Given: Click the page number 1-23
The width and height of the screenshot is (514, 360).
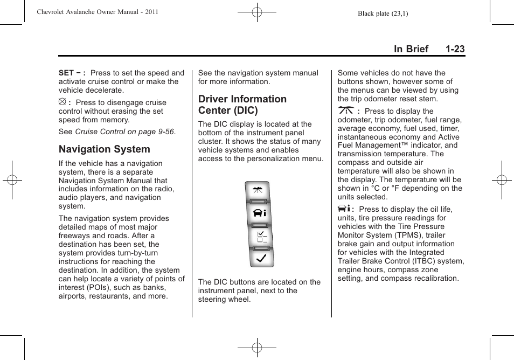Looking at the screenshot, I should click(455, 49).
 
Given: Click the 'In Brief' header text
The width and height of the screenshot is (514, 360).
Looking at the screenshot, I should click(411, 49).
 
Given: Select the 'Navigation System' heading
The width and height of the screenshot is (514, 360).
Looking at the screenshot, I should click(105, 149).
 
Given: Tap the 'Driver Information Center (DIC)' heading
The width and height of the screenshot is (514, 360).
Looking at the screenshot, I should click(242, 105).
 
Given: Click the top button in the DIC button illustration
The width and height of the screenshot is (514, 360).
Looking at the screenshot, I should click(261, 191).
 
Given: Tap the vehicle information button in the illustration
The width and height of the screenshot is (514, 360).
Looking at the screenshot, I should click(261, 212).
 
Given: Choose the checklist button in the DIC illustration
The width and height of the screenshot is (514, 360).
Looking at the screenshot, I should click(261, 236).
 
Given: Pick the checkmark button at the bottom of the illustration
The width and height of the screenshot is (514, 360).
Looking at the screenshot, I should click(261, 258).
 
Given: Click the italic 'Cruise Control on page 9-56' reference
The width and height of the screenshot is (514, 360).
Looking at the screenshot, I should click(125, 131).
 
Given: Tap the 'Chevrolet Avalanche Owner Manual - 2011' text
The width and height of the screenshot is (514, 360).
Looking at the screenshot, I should click(98, 12).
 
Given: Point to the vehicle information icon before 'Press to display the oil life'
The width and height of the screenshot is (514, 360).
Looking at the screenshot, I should click(344, 209).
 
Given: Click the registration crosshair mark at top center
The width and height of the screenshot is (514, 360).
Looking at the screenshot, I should click(257, 11).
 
